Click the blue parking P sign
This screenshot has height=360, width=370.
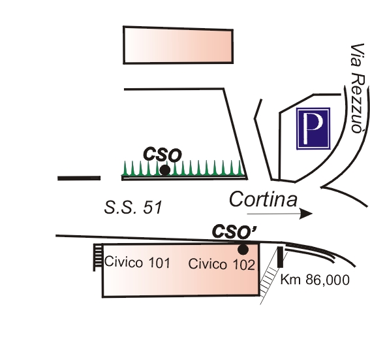coord(313,129)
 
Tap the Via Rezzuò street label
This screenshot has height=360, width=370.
coord(358,88)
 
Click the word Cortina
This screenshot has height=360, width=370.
coord(263,199)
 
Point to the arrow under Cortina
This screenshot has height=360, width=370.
coord(280,214)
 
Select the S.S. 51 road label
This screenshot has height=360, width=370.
coord(133,207)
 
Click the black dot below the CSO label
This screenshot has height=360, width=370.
coord(164,170)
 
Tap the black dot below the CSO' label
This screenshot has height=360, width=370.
coord(243,250)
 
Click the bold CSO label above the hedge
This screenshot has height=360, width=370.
coord(162,154)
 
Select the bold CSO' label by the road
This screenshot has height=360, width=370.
coord(234,231)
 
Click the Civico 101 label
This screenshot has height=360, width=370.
coord(137,262)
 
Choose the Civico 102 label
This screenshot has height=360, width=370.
coord(222,264)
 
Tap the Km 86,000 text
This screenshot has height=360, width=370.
coord(315,280)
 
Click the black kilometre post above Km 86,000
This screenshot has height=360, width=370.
coord(280,257)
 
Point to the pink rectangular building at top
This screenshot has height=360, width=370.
coord(178,45)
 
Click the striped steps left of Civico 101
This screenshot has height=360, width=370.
coord(98,257)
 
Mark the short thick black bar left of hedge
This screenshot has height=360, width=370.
coord(79,178)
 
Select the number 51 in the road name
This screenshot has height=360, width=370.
coord(153,208)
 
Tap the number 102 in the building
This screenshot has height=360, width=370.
coord(244,265)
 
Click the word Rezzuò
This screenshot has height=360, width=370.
coord(358,103)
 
